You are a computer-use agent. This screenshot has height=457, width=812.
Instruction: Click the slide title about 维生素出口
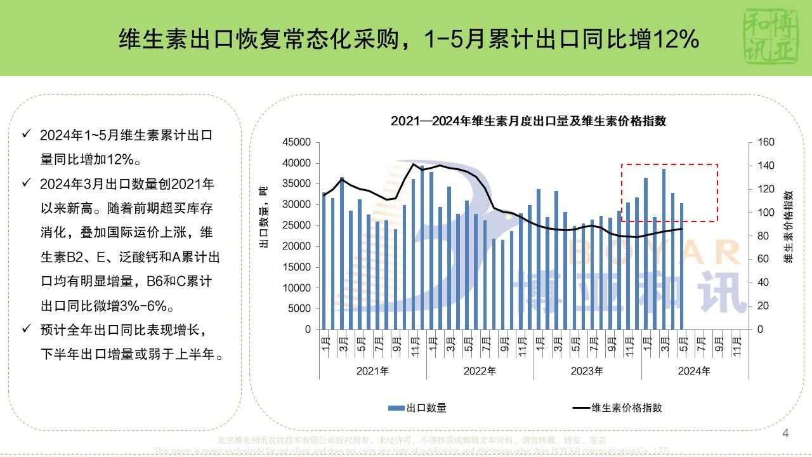pos(409,40)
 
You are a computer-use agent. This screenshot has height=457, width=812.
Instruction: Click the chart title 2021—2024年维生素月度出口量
pos(528,121)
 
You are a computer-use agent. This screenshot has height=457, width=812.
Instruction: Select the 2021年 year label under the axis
pos(372,371)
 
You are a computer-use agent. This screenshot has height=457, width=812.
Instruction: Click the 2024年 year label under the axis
pos(695,371)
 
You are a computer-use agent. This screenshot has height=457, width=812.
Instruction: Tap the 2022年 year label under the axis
pos(480,371)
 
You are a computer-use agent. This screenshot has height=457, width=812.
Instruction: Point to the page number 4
pos(786,434)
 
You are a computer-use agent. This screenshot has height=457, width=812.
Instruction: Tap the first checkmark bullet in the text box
pos(26,135)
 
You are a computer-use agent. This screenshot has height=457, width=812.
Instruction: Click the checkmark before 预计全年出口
pos(26,329)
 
